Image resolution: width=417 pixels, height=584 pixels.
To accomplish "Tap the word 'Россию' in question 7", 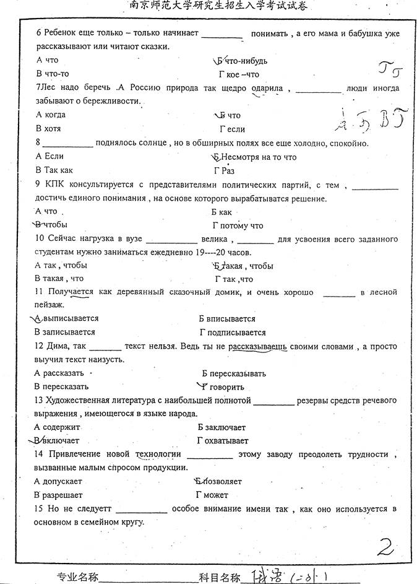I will [144, 88].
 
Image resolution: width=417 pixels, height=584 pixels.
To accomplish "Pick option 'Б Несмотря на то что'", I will [254, 157].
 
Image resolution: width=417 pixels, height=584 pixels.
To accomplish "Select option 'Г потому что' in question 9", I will [238, 225].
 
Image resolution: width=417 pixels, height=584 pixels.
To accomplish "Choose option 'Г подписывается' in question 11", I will [233, 333].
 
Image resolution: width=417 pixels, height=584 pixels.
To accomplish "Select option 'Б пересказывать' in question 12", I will [233, 373].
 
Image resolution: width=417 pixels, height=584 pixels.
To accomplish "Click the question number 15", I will [40, 508].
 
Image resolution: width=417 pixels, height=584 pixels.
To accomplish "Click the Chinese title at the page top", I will [209, 6].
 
